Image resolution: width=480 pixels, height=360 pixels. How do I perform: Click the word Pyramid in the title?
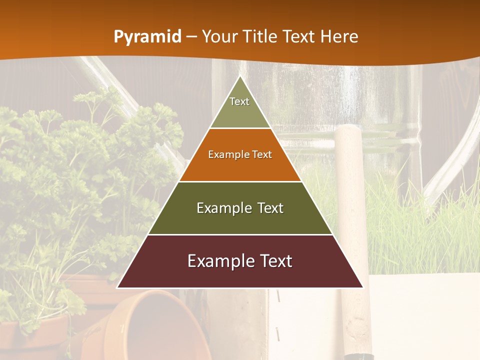147,37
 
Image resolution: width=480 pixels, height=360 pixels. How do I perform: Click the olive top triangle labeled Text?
240,107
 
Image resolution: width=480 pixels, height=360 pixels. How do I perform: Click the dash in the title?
191,37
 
